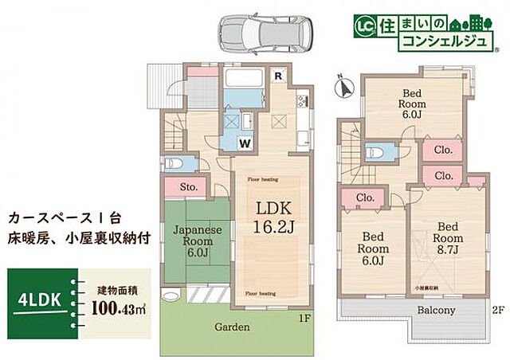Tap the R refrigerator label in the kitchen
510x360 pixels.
point(276,77)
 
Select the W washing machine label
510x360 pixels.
point(247,143)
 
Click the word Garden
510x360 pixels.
point(231,327)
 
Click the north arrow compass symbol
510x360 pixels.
point(343,88)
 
